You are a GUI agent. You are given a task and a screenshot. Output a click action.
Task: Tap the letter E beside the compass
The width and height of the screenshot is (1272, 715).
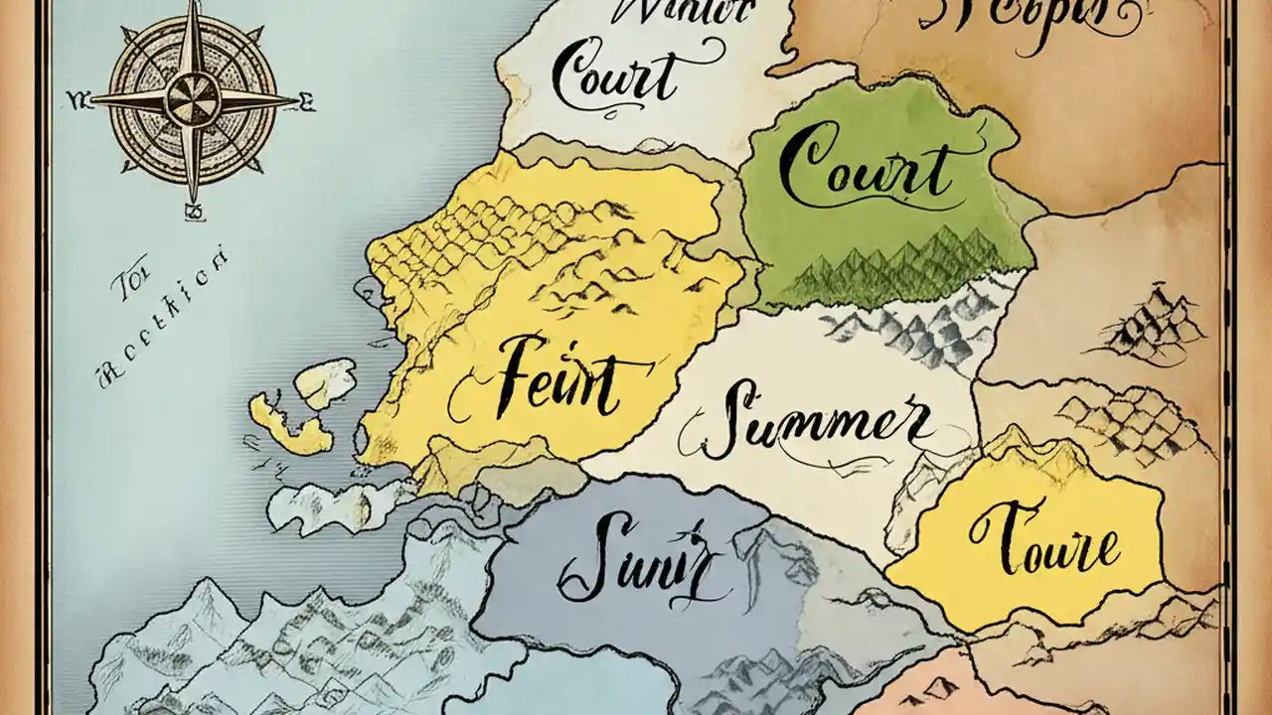coord(307,99)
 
